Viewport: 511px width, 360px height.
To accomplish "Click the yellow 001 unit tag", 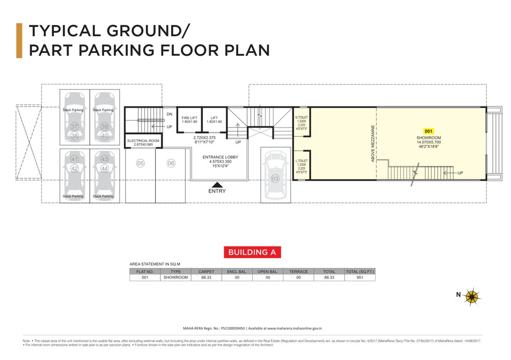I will (x=428, y=131).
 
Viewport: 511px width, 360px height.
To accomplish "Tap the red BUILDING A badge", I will (x=252, y=252).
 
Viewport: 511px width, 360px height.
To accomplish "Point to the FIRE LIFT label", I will (x=189, y=117).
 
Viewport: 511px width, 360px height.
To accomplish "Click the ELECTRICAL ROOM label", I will (x=143, y=141).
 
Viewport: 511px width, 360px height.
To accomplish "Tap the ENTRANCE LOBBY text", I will (x=220, y=157).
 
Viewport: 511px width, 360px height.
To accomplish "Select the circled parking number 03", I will (x=275, y=179).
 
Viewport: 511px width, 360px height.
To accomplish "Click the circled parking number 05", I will (x=140, y=163).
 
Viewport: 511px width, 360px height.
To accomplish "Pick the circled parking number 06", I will (x=171, y=163).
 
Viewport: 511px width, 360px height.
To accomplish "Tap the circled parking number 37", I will (x=74, y=127).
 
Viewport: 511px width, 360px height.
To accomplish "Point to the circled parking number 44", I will (x=105, y=168).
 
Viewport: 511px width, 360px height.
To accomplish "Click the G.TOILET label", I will (x=301, y=117).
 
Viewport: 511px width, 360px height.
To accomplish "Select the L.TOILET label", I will (x=301, y=161).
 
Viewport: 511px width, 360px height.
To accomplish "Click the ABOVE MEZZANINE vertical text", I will (x=373, y=143).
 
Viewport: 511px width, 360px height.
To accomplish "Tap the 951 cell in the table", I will (x=360, y=277).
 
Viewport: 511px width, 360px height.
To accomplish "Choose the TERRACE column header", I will (x=299, y=271).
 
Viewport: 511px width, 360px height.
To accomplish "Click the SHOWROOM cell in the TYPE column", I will (x=175, y=277).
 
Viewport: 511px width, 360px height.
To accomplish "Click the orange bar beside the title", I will (x=19, y=40).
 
